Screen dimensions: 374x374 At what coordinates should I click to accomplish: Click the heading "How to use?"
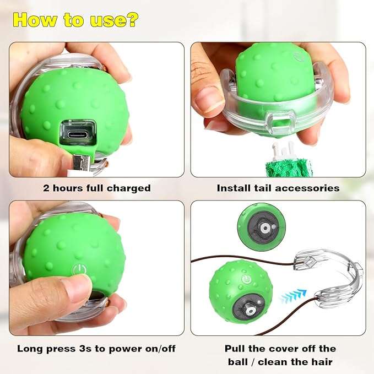click(x=76, y=20)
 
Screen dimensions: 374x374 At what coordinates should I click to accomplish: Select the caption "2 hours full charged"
click(x=97, y=188)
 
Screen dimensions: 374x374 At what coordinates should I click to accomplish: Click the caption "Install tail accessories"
click(x=278, y=188)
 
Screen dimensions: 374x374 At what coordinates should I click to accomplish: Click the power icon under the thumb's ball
click(x=79, y=269)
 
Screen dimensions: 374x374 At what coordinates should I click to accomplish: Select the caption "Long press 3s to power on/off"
click(x=97, y=349)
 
